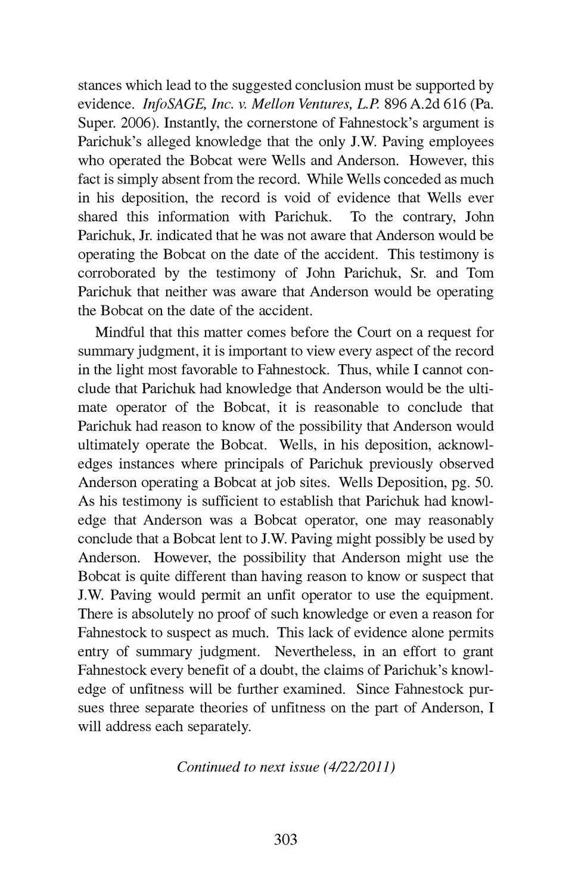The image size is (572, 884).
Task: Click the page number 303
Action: click(285, 840)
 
